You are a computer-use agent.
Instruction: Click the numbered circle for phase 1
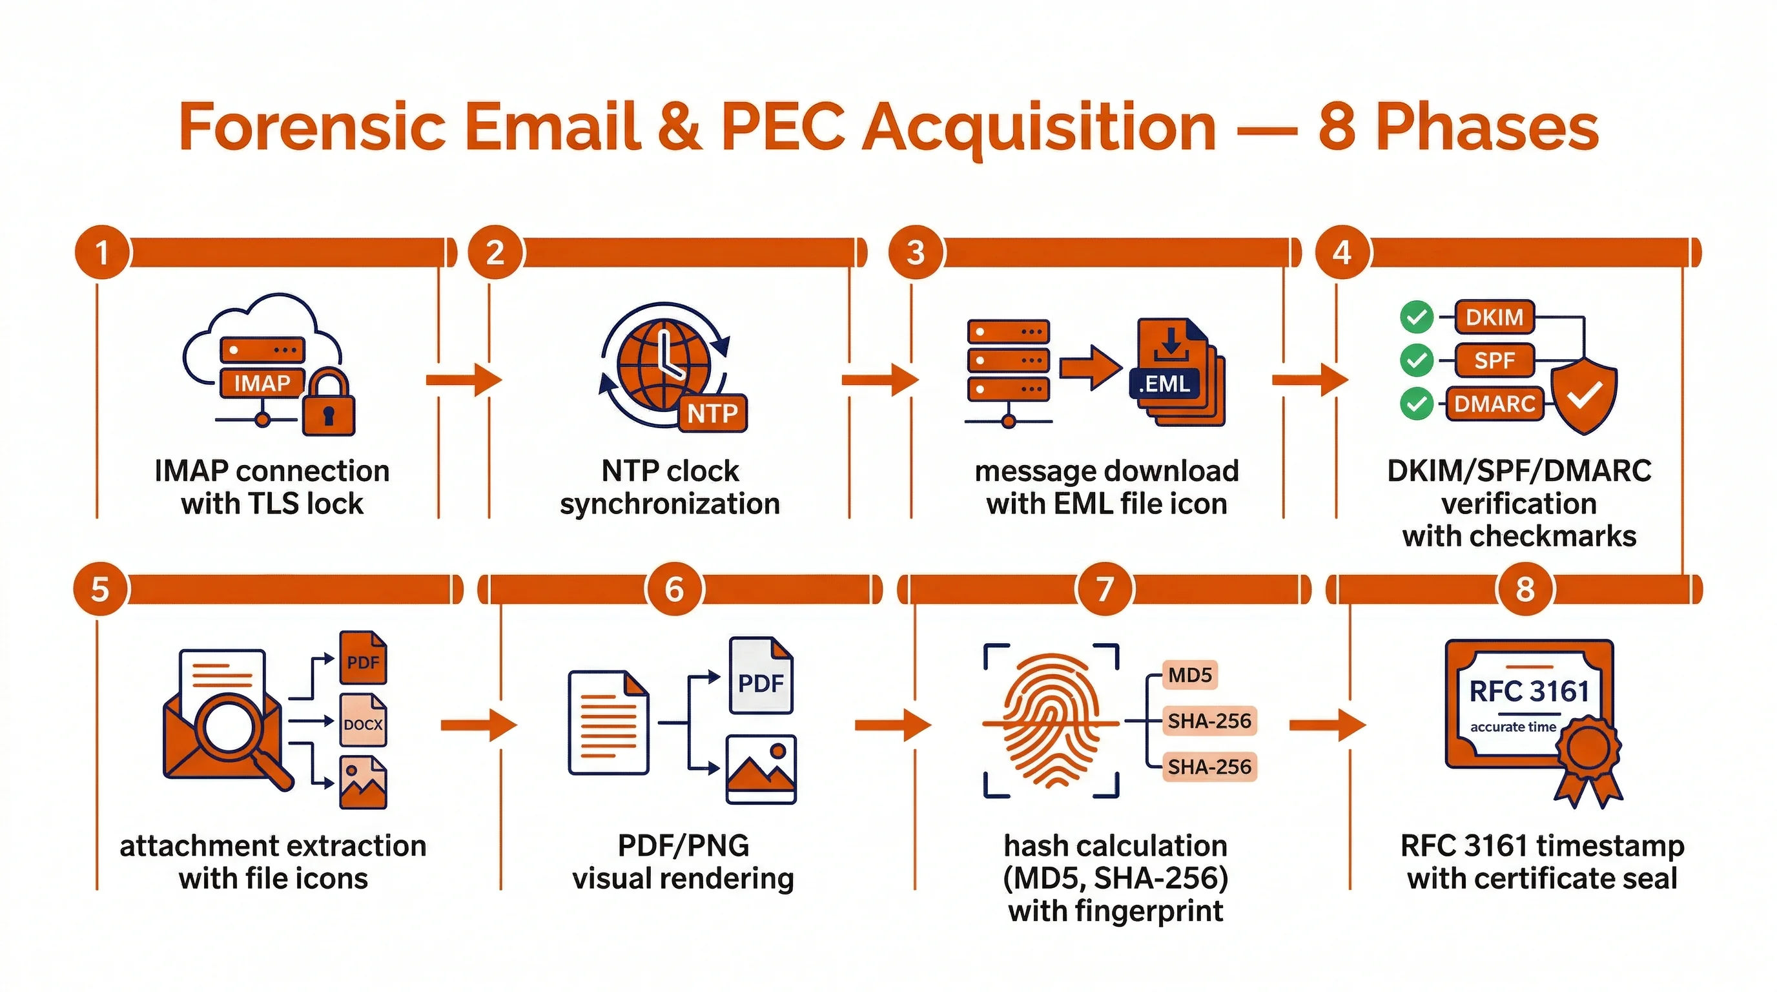click(101, 253)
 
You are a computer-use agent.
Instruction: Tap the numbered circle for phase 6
click(674, 589)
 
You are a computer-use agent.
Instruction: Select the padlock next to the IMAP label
click(329, 402)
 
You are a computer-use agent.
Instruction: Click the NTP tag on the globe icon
click(713, 413)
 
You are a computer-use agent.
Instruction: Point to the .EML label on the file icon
click(1164, 384)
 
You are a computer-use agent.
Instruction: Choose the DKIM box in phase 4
click(1494, 316)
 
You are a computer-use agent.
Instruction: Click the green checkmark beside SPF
click(1417, 360)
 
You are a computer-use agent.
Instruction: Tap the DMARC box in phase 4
click(1494, 404)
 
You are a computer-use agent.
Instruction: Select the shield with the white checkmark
click(1584, 395)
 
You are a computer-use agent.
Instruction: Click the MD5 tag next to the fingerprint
click(1190, 675)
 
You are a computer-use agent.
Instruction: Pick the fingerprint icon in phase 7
click(1052, 721)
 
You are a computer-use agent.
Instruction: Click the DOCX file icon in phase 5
click(364, 721)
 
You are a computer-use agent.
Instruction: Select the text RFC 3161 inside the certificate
click(1528, 691)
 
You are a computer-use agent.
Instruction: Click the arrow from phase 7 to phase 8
click(1326, 725)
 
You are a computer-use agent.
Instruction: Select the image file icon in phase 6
click(761, 769)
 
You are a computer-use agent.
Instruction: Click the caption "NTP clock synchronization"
click(670, 487)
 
